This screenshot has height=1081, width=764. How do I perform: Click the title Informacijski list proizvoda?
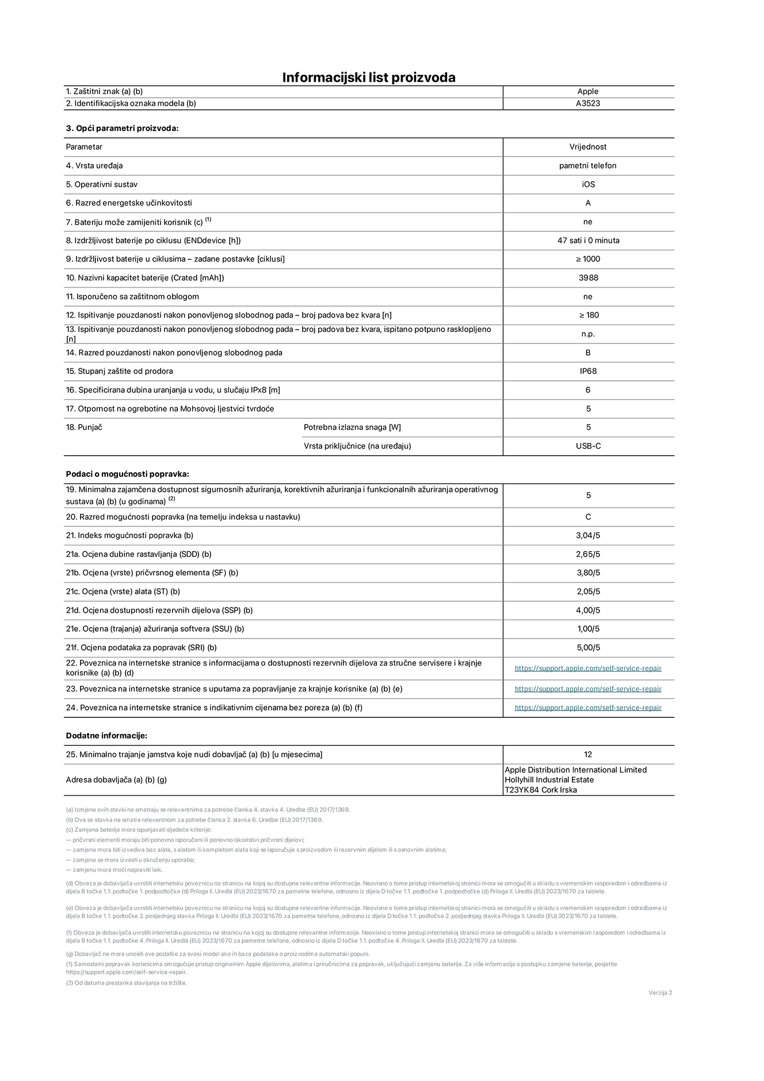(368, 78)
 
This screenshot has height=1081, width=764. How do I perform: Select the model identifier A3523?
(588, 104)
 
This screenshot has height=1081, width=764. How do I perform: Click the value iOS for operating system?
(588, 184)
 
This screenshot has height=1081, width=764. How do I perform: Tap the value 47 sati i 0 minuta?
(588, 240)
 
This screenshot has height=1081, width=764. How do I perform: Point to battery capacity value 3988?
(588, 278)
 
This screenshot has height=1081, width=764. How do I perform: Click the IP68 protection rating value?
(588, 371)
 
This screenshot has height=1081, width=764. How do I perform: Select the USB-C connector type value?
(588, 446)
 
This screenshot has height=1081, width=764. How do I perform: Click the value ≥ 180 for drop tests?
(588, 315)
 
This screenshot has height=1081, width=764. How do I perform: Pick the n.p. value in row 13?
(588, 334)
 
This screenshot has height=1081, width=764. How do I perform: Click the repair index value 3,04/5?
(588, 536)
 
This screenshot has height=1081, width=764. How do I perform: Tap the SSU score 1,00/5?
(588, 629)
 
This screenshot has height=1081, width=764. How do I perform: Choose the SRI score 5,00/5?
(588, 648)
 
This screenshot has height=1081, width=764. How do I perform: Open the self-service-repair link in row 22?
(588, 669)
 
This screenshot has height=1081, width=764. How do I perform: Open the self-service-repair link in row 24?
(588, 708)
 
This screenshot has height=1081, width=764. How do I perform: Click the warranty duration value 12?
(588, 755)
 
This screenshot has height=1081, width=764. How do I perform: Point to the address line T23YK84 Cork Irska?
(541, 790)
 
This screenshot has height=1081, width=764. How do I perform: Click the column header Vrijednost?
(588, 147)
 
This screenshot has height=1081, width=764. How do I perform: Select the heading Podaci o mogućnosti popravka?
(127, 474)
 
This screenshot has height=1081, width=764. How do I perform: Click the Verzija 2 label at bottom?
(660, 992)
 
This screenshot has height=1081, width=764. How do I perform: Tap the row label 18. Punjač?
(84, 427)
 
